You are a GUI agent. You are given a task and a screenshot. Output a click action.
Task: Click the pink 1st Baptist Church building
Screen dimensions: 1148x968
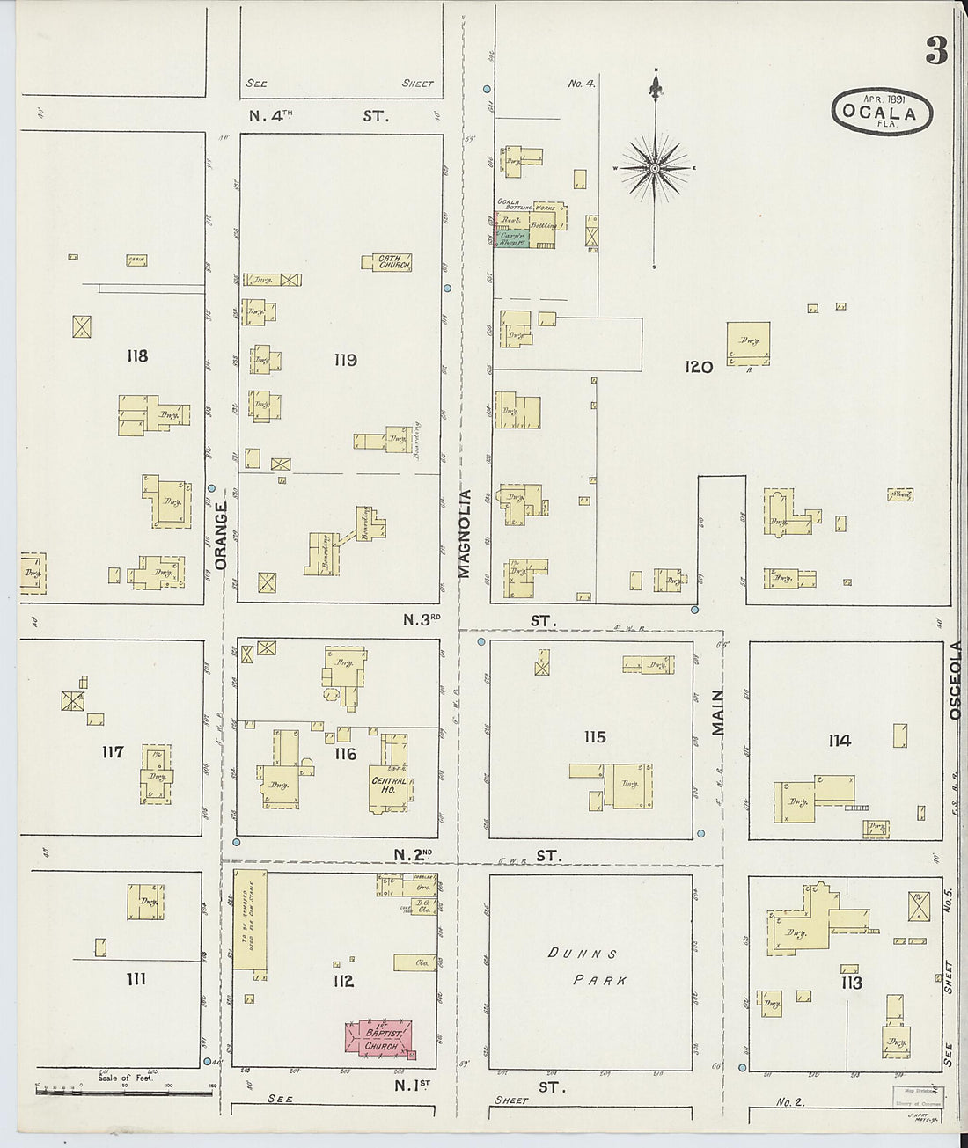(x=380, y=1038)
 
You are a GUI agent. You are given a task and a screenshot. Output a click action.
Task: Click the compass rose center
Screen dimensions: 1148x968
(x=655, y=167)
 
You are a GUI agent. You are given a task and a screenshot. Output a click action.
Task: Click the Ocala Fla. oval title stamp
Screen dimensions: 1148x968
(x=880, y=112)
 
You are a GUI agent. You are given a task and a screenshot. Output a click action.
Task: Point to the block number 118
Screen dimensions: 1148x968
(x=136, y=356)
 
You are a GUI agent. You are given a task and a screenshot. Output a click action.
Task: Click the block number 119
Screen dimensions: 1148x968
(x=345, y=359)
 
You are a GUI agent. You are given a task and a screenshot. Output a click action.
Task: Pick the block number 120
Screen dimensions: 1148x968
(x=699, y=368)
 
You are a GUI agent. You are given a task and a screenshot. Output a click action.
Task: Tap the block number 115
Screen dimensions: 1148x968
(x=595, y=737)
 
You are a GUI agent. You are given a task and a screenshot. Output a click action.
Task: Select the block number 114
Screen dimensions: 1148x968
(x=839, y=741)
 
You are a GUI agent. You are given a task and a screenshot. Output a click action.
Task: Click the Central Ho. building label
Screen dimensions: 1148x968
(x=389, y=785)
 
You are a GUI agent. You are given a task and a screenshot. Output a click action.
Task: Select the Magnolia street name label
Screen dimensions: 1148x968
(x=465, y=534)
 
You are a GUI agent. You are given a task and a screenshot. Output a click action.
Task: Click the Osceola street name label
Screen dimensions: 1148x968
(x=957, y=682)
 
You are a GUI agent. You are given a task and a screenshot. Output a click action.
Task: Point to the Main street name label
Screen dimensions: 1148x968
(x=717, y=713)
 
